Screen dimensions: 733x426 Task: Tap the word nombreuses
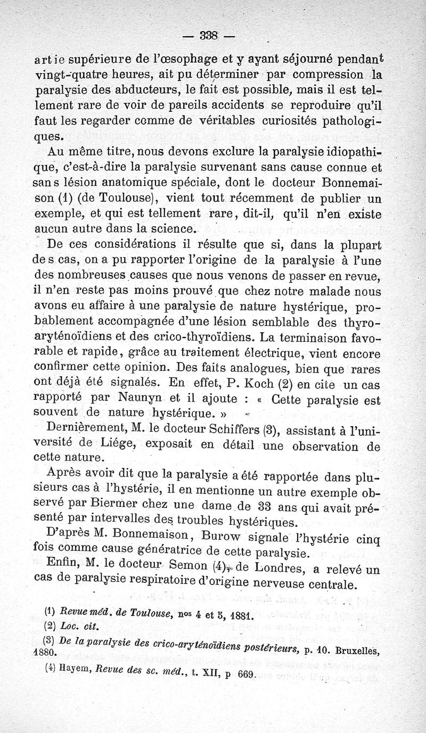(107, 276)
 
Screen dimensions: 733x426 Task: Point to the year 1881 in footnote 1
(239, 617)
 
